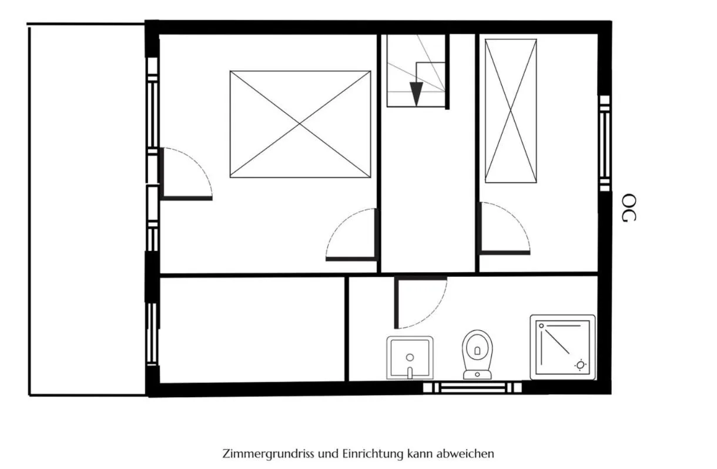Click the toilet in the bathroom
click(477, 355)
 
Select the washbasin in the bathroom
click(410, 358)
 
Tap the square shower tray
click(562, 347)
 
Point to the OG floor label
click(629, 207)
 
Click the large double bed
click(300, 124)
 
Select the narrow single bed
click(511, 111)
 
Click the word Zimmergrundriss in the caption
click(268, 454)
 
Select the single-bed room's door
click(504, 229)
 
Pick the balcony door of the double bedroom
click(186, 174)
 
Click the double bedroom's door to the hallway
click(351, 235)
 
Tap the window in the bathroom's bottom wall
click(472, 388)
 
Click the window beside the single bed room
click(605, 143)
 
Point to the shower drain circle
click(580, 365)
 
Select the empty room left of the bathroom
click(252, 330)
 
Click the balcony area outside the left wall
click(87, 210)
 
